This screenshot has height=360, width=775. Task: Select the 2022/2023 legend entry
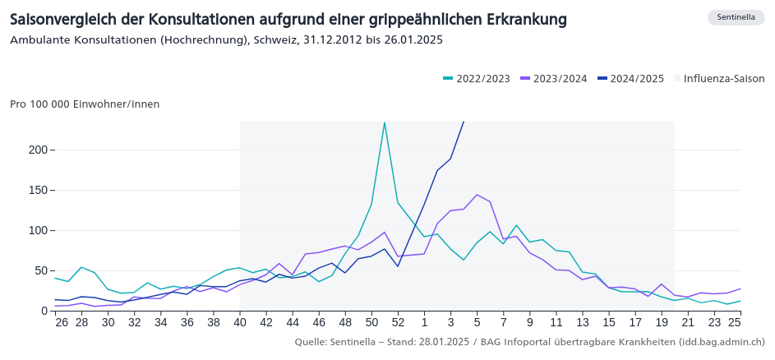pyautogui.click(x=476, y=79)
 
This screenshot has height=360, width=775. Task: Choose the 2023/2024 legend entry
pyautogui.click(x=553, y=79)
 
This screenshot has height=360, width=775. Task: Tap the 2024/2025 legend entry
pyautogui.click(x=630, y=79)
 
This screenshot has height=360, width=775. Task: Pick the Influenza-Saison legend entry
pyautogui.click(x=718, y=79)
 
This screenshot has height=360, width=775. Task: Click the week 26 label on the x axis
pyautogui.click(x=62, y=323)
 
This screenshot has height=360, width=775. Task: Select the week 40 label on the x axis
pyautogui.click(x=239, y=323)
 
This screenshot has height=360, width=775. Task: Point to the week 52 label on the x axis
pyautogui.click(x=398, y=323)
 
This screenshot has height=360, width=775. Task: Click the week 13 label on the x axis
pyautogui.click(x=583, y=323)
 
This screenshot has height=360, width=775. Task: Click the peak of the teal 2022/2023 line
pyautogui.click(x=385, y=122)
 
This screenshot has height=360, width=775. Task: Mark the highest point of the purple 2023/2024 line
pyautogui.click(x=477, y=195)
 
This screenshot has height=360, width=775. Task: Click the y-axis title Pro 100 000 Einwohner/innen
pyautogui.click(x=85, y=104)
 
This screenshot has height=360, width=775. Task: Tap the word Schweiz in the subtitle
pyautogui.click(x=277, y=39)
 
